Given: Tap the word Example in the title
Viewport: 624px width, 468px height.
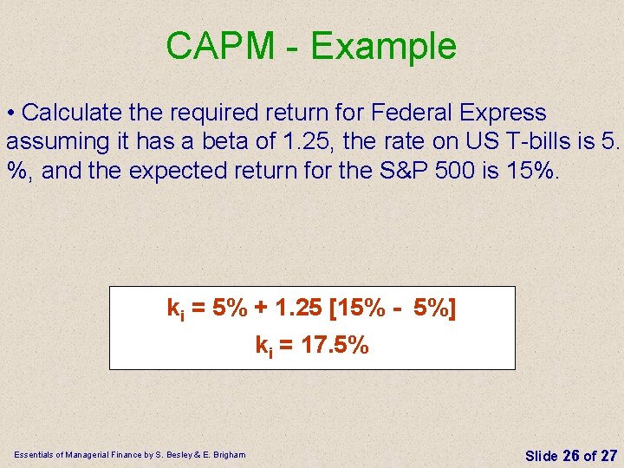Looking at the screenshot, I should point(383,46).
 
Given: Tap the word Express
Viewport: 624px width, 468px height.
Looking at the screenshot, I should point(504,113).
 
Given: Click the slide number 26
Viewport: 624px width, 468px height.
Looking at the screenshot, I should point(571,455).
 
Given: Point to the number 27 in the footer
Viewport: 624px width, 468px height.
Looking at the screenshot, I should point(608,455).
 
